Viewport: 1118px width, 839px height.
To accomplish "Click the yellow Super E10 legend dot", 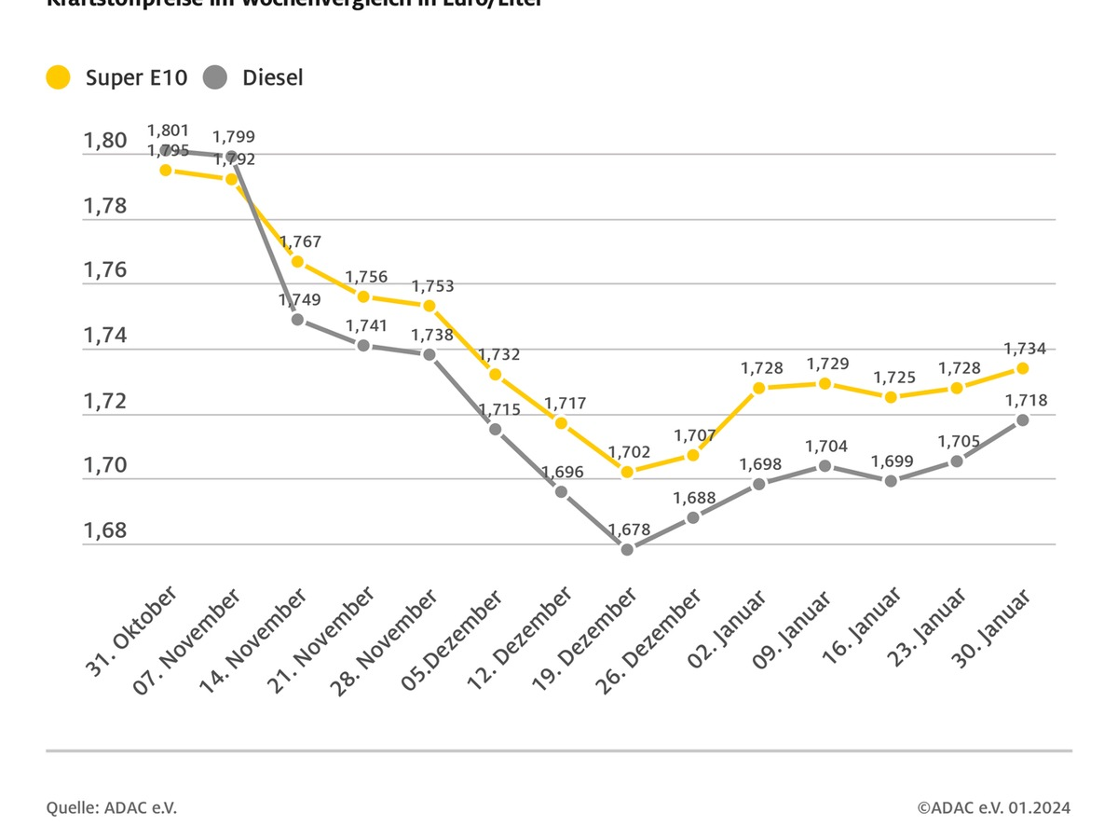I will pos(59,77).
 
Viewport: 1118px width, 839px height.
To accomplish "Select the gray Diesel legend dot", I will pos(215,77).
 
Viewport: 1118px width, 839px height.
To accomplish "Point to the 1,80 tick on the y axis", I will pos(105,141).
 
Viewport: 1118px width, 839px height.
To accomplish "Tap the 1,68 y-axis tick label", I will pos(105,531).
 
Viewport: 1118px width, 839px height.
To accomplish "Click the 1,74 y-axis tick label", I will pos(105,337).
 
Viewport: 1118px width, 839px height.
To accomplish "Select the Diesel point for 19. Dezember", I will pos(627,549).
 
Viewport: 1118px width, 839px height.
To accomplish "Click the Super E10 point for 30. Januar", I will pos(1022,368).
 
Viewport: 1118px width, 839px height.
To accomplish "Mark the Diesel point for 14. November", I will pos(297,319).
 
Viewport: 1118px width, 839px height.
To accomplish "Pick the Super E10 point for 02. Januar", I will pos(759,388).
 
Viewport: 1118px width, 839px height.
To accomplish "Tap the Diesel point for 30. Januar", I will pos(1022,419).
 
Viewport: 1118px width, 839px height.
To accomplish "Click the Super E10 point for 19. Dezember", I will pos(627,472).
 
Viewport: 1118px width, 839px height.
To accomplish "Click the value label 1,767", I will pos(300,241).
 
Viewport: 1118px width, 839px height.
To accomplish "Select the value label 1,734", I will pos(1025,349).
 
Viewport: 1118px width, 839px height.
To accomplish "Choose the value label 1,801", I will pos(168,131).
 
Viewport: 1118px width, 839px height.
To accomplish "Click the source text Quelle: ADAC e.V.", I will pos(111,807).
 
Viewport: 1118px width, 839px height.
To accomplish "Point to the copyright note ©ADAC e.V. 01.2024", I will pos(993,807).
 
